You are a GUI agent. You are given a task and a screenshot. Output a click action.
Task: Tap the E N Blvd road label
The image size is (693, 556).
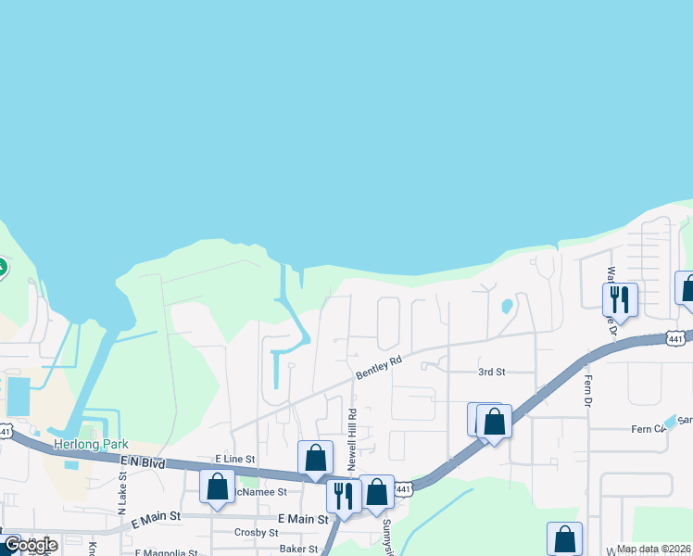(x=142, y=461)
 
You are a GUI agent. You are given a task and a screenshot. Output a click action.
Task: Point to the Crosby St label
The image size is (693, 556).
(x=257, y=533)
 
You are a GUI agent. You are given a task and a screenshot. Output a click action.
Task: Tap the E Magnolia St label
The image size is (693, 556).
(x=166, y=553)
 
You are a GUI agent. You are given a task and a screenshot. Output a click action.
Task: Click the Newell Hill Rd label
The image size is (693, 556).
(x=352, y=436)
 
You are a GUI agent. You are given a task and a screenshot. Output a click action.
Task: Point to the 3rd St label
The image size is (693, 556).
(x=491, y=372)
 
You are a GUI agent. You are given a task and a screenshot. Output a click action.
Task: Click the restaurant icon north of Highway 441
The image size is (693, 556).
(x=620, y=299)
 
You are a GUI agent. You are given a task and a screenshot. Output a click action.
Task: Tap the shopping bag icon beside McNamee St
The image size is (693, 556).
(x=218, y=486)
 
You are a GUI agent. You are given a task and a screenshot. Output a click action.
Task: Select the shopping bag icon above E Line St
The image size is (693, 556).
(x=315, y=457)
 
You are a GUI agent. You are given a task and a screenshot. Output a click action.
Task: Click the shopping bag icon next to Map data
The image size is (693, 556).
(x=564, y=539)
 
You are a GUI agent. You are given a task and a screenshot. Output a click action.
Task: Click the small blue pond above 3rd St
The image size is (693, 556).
(x=506, y=306)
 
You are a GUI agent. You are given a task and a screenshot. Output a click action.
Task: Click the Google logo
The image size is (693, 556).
(x=31, y=545)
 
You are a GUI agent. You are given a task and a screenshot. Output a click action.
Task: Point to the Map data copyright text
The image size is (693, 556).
(x=654, y=549)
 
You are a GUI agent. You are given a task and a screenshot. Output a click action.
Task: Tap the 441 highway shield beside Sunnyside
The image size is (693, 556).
(x=402, y=488)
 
